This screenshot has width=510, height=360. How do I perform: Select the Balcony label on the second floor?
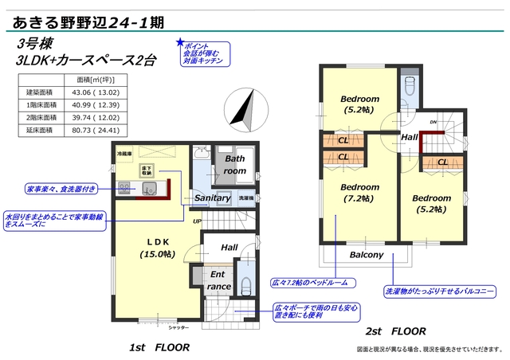click(367, 255)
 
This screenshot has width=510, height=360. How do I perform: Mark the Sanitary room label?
click(212, 198)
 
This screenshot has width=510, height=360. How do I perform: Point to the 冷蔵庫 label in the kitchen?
click(125, 152)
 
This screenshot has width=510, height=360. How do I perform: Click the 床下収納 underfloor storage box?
click(147, 169)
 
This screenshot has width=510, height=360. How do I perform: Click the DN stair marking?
click(433, 122)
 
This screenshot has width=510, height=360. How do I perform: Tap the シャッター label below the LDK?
click(178, 327)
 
